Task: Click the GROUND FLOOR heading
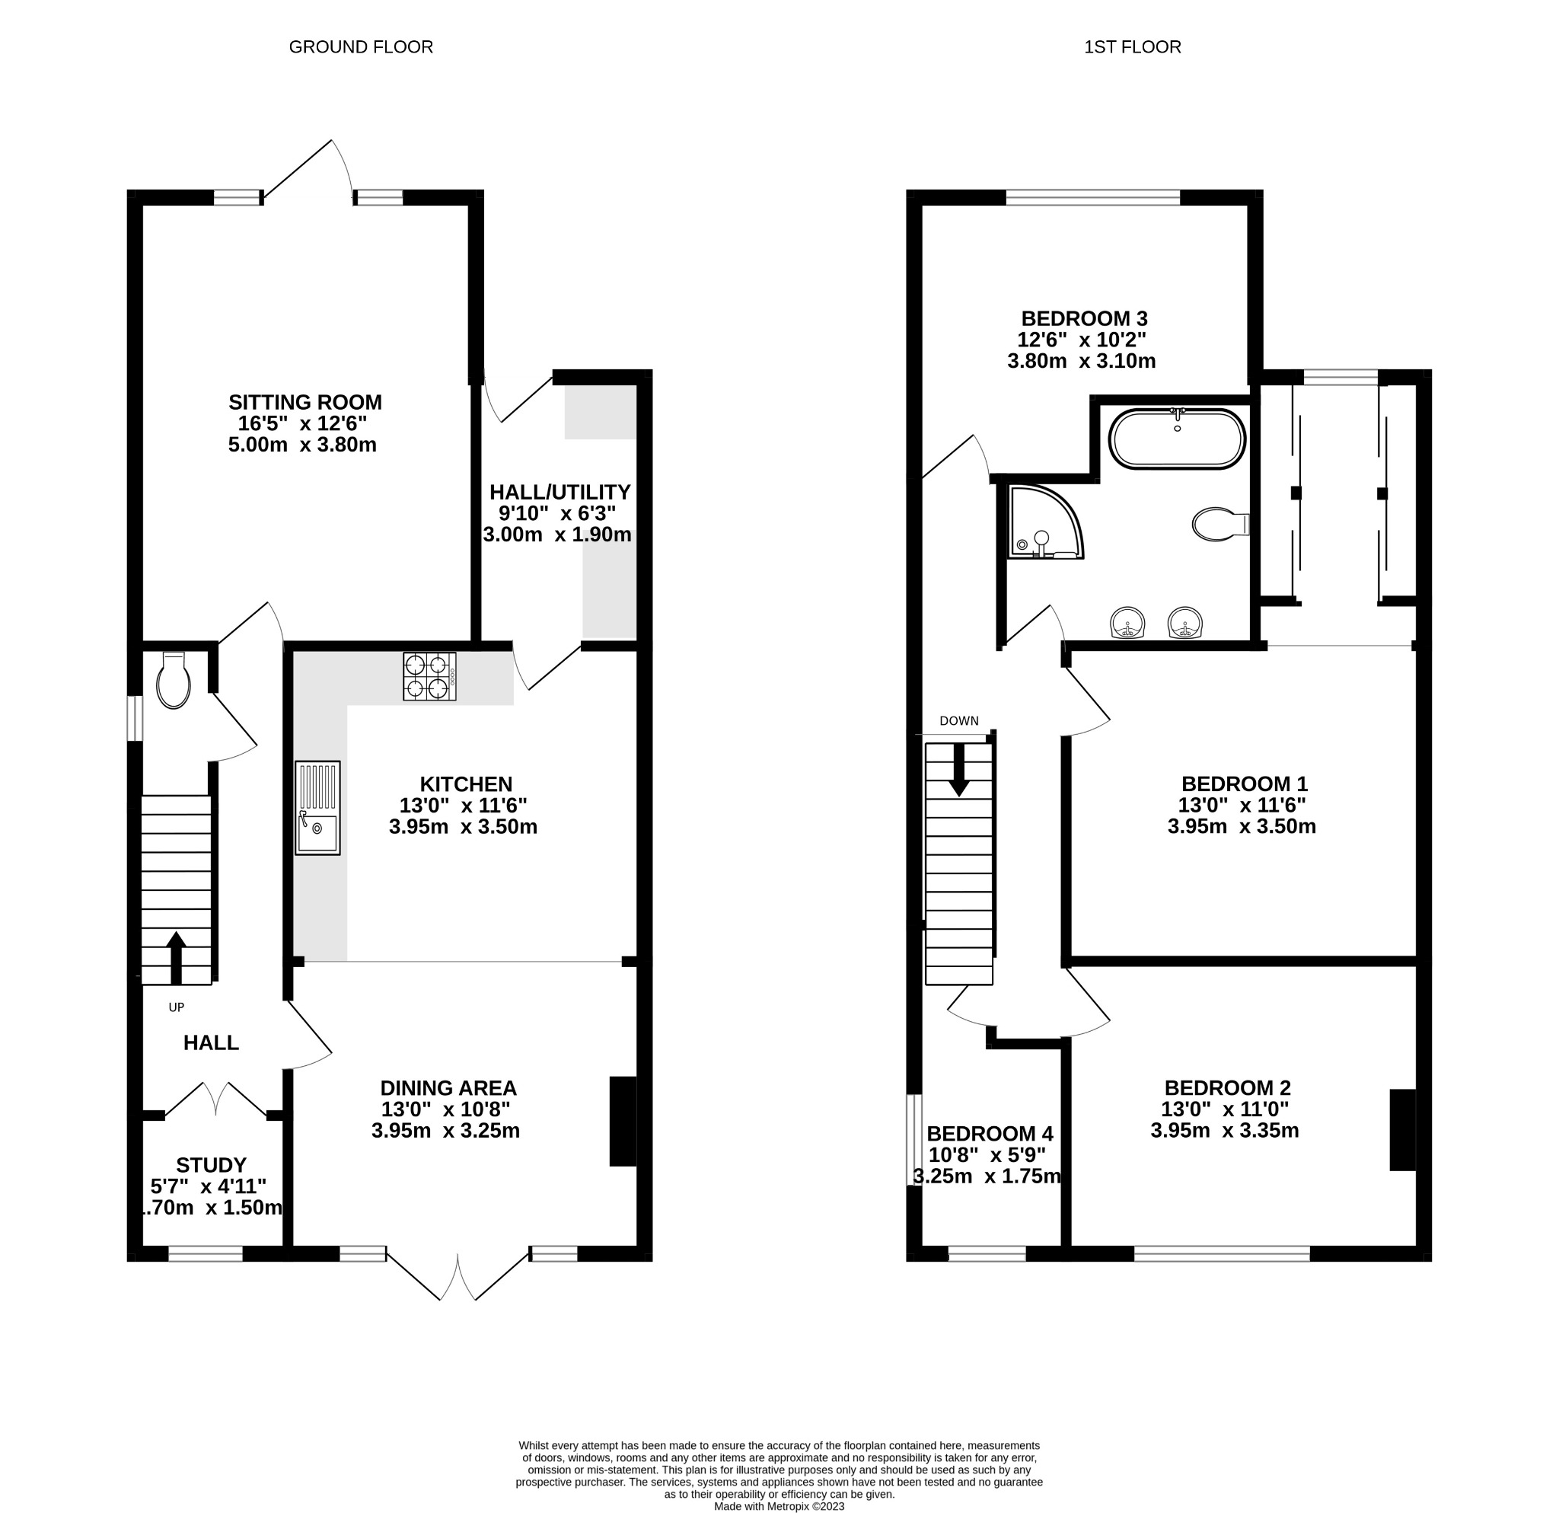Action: (x=360, y=47)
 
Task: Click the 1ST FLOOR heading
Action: (x=1132, y=47)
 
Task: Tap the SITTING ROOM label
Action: (x=305, y=402)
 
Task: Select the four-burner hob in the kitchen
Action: (x=429, y=676)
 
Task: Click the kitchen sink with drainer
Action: (x=317, y=807)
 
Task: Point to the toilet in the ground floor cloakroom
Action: (x=174, y=681)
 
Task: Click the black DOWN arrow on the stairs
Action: (x=959, y=769)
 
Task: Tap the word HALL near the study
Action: (x=211, y=1043)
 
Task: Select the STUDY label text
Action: (x=211, y=1165)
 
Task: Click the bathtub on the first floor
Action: (x=1177, y=439)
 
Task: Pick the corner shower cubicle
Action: (x=1042, y=522)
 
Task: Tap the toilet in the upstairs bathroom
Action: (x=1219, y=524)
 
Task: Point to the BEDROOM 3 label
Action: (x=1084, y=318)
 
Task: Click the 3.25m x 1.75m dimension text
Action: (x=987, y=1176)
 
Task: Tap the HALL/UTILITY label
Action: (x=560, y=492)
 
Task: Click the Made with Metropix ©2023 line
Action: (x=779, y=1506)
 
